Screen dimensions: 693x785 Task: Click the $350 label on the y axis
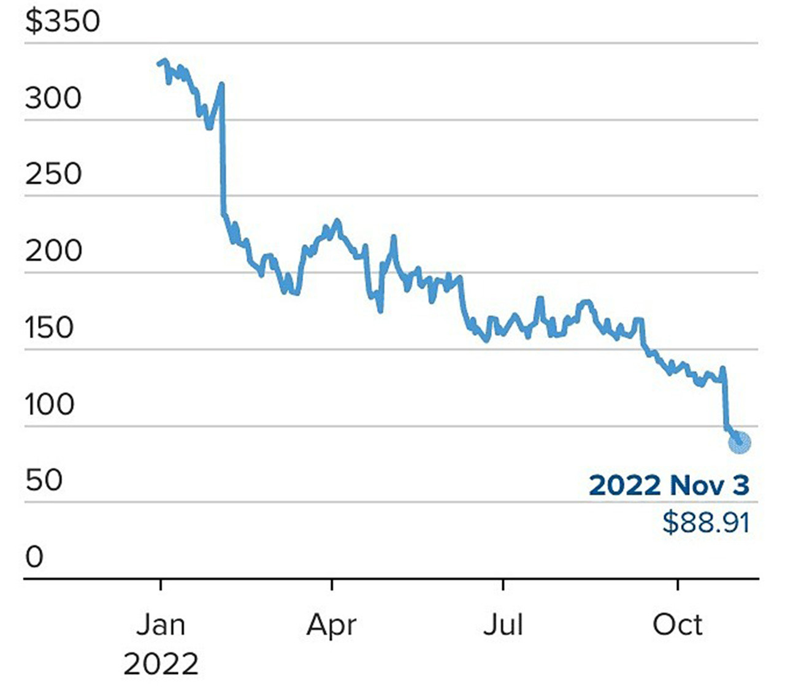(62, 21)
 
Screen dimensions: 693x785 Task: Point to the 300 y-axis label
(53, 98)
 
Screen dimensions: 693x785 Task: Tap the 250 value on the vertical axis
(53, 174)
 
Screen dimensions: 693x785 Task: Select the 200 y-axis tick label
(53, 251)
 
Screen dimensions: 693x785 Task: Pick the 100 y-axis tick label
(49, 404)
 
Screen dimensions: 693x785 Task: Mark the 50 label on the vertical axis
(44, 480)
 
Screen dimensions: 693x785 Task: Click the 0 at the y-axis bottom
(34, 557)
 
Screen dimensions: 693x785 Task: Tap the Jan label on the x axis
(160, 625)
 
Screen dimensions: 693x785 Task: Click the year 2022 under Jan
(161, 664)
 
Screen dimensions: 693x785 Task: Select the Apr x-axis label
(331, 625)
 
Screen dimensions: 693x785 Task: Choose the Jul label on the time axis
(503, 625)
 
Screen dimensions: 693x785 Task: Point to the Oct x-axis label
(677, 625)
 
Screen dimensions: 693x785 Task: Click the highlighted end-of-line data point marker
(740, 442)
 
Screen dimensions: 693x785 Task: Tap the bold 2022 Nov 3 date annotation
(669, 485)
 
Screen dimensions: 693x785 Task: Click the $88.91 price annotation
(706, 523)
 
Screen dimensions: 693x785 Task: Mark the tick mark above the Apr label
(332, 584)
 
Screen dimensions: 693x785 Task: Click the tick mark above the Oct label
(678, 584)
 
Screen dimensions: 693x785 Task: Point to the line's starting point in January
(159, 63)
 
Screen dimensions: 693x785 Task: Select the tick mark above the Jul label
(503, 584)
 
